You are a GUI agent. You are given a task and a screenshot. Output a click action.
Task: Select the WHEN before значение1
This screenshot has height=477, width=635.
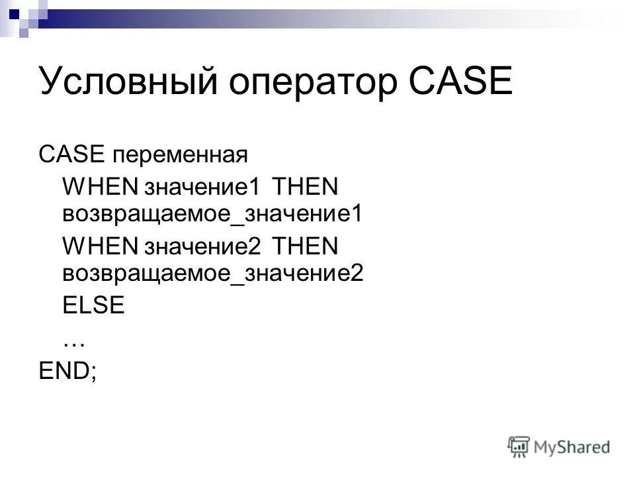(99, 186)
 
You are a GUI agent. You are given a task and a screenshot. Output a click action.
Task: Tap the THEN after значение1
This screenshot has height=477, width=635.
(305, 186)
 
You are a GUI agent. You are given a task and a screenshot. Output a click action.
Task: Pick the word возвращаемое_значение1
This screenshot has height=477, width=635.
(213, 213)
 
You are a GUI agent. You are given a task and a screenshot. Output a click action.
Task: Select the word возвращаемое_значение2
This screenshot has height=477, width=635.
(213, 273)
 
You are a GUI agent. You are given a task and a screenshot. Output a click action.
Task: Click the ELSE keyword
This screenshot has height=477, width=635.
(93, 305)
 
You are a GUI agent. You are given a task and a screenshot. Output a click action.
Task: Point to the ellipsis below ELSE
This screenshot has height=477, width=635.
(74, 342)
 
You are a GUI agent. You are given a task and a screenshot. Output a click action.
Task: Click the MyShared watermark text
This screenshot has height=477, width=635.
(572, 447)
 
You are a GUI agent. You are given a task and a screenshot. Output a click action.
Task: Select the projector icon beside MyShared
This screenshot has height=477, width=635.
(519, 447)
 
